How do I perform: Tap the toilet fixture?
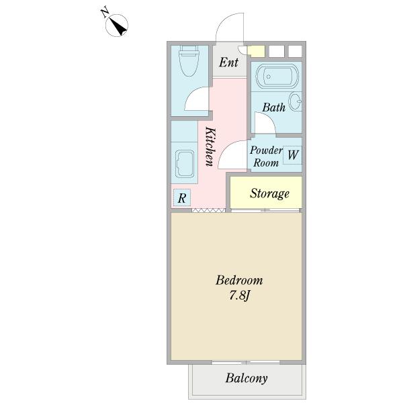189,61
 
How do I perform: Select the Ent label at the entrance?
229,62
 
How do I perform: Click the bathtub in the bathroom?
277,77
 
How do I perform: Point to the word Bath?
274,107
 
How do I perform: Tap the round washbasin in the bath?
296,101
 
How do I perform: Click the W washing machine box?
292,155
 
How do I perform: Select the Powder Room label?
266,156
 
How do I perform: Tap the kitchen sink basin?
185,164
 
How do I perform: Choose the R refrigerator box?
182,197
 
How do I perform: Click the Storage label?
269,193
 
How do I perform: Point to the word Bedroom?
239,280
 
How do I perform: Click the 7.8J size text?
240,296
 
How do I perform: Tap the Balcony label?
247,378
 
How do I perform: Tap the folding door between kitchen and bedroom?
208,210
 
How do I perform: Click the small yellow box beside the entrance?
256,51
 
